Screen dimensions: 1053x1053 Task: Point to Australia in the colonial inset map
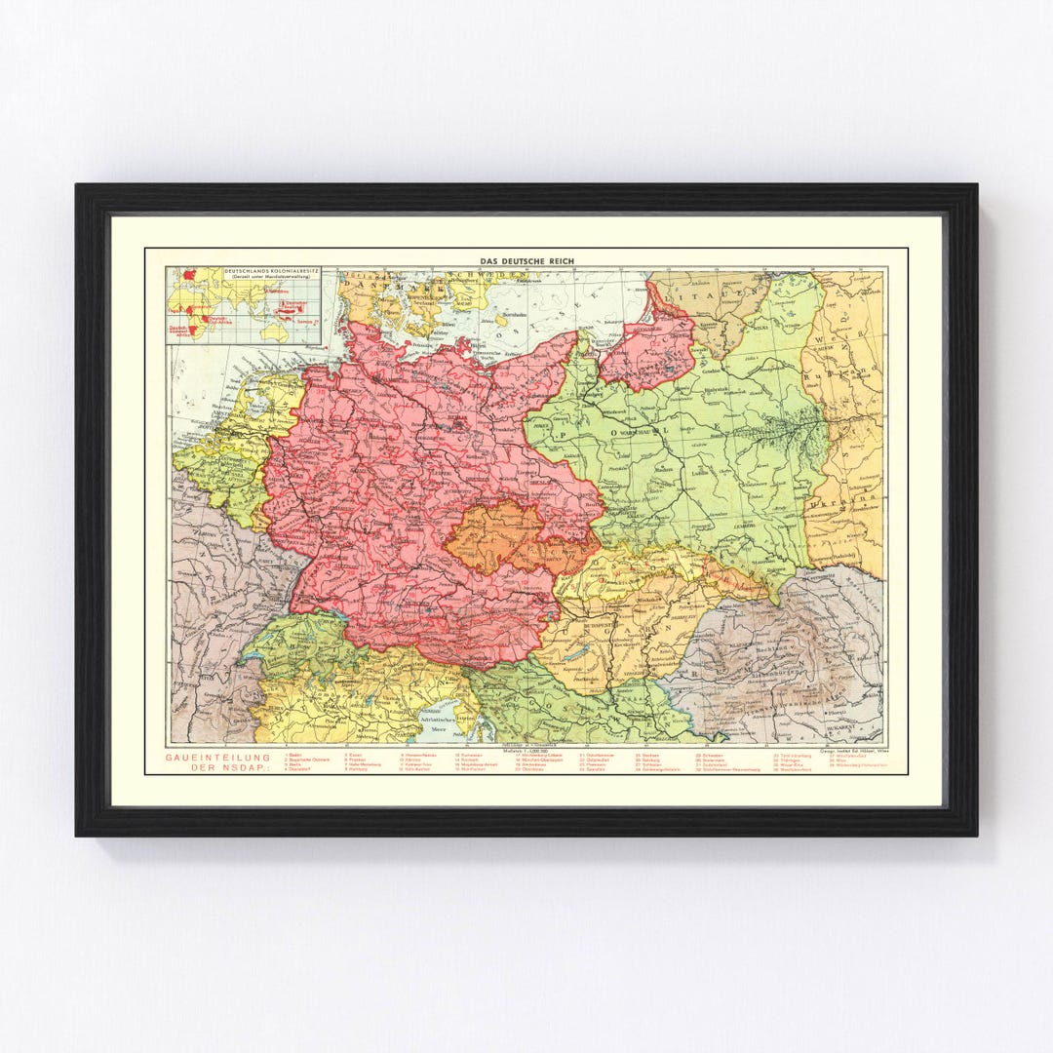274,331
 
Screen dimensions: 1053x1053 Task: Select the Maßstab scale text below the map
527,751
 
